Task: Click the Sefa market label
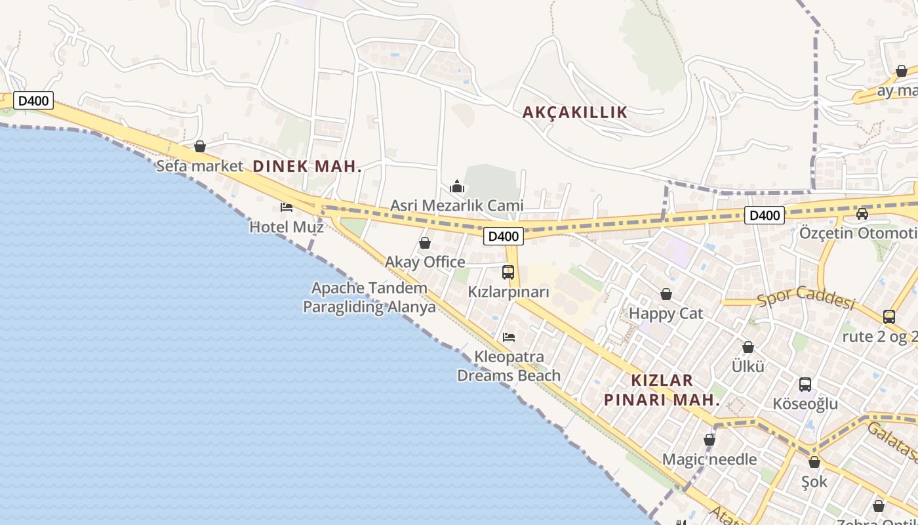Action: pyautogui.click(x=199, y=166)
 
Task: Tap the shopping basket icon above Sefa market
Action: pyautogui.click(x=200, y=146)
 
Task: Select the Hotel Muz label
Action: pyautogui.click(x=287, y=227)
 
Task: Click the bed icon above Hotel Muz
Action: pyautogui.click(x=287, y=207)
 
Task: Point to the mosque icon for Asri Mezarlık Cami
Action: pyautogui.click(x=457, y=186)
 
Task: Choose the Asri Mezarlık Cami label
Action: pyautogui.click(x=457, y=205)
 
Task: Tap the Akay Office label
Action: pyautogui.click(x=425, y=262)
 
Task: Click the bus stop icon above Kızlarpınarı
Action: pyautogui.click(x=508, y=272)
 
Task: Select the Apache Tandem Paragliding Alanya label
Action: pyautogui.click(x=369, y=297)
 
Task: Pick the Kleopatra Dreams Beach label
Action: pyautogui.click(x=509, y=366)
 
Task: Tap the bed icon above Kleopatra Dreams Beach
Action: pyautogui.click(x=509, y=337)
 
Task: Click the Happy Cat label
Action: pyautogui.click(x=666, y=314)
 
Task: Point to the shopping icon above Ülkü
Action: pyautogui.click(x=748, y=347)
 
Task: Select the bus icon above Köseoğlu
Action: pyautogui.click(x=805, y=385)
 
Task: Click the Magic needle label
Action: pyautogui.click(x=709, y=459)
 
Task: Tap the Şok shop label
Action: pyautogui.click(x=814, y=482)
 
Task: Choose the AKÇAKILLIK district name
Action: pyautogui.click(x=575, y=112)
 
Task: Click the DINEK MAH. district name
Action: pyautogui.click(x=308, y=166)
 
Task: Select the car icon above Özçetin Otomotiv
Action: pyautogui.click(x=862, y=213)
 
